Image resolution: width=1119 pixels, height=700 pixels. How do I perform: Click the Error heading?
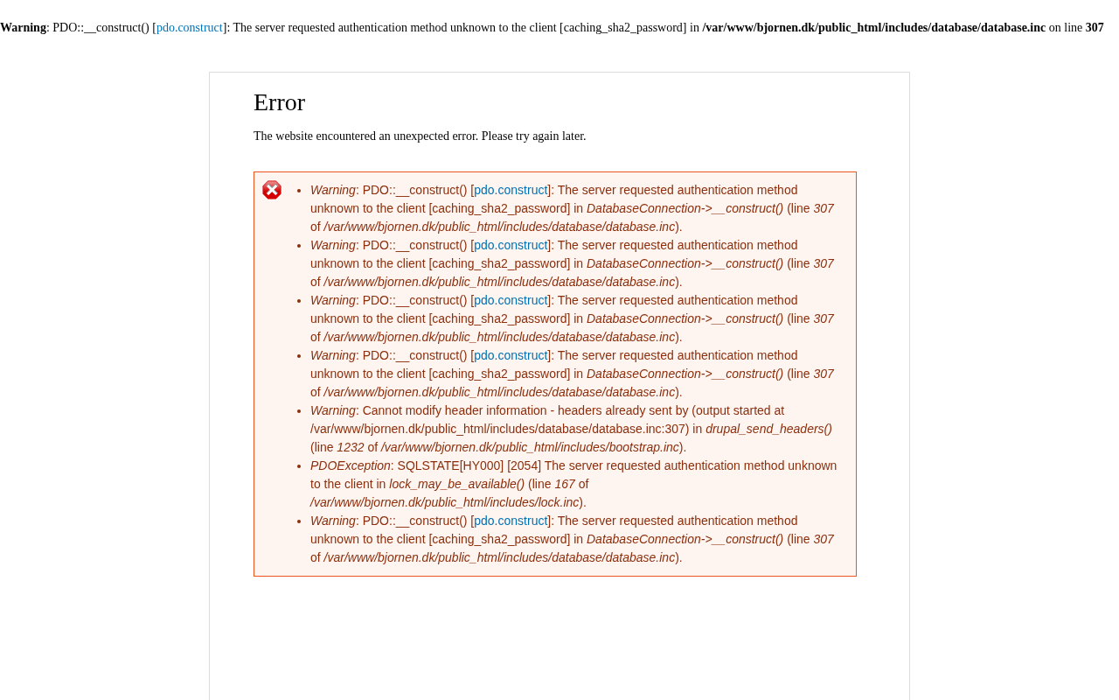pos(279,102)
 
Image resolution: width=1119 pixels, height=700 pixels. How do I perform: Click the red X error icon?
pos(272,190)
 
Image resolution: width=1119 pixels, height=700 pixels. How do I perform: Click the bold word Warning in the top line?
pos(23,28)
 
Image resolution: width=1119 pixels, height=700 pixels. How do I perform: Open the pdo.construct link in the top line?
pos(190,28)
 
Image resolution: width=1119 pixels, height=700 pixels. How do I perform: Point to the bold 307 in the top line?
pos(1095,28)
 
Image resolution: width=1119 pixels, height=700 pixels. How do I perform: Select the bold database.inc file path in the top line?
pos(873,28)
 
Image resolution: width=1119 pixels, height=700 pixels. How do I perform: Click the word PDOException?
pos(350,465)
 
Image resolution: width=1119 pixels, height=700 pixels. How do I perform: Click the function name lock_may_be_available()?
pos(456,484)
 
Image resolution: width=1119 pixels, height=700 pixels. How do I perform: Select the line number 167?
pos(565,484)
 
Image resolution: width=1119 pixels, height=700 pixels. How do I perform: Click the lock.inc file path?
pos(445,502)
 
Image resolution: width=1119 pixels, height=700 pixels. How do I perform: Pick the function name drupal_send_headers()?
pos(768,429)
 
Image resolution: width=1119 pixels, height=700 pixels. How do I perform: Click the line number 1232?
pos(351,447)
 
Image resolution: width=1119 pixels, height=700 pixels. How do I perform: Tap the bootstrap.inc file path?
pos(530,447)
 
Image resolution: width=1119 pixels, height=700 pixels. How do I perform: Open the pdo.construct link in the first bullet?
pos(511,190)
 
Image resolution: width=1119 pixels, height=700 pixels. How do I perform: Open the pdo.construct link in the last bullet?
pos(511,521)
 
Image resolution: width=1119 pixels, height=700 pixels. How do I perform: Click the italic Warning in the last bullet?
pos(333,521)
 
